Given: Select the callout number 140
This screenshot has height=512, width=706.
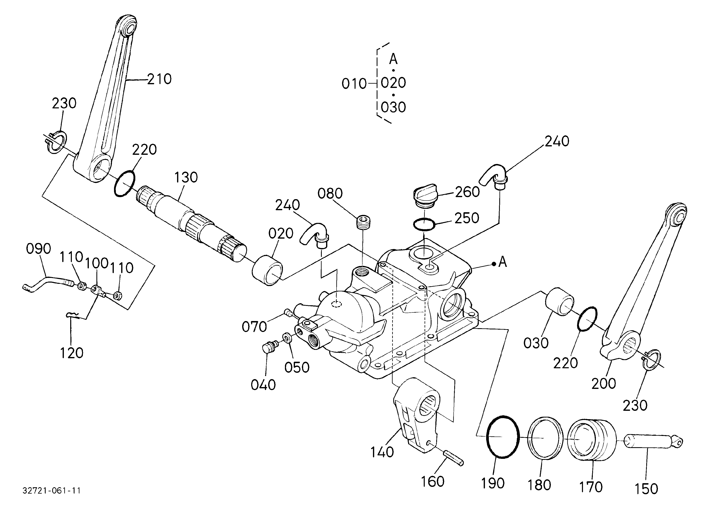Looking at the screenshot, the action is coord(382,452).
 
